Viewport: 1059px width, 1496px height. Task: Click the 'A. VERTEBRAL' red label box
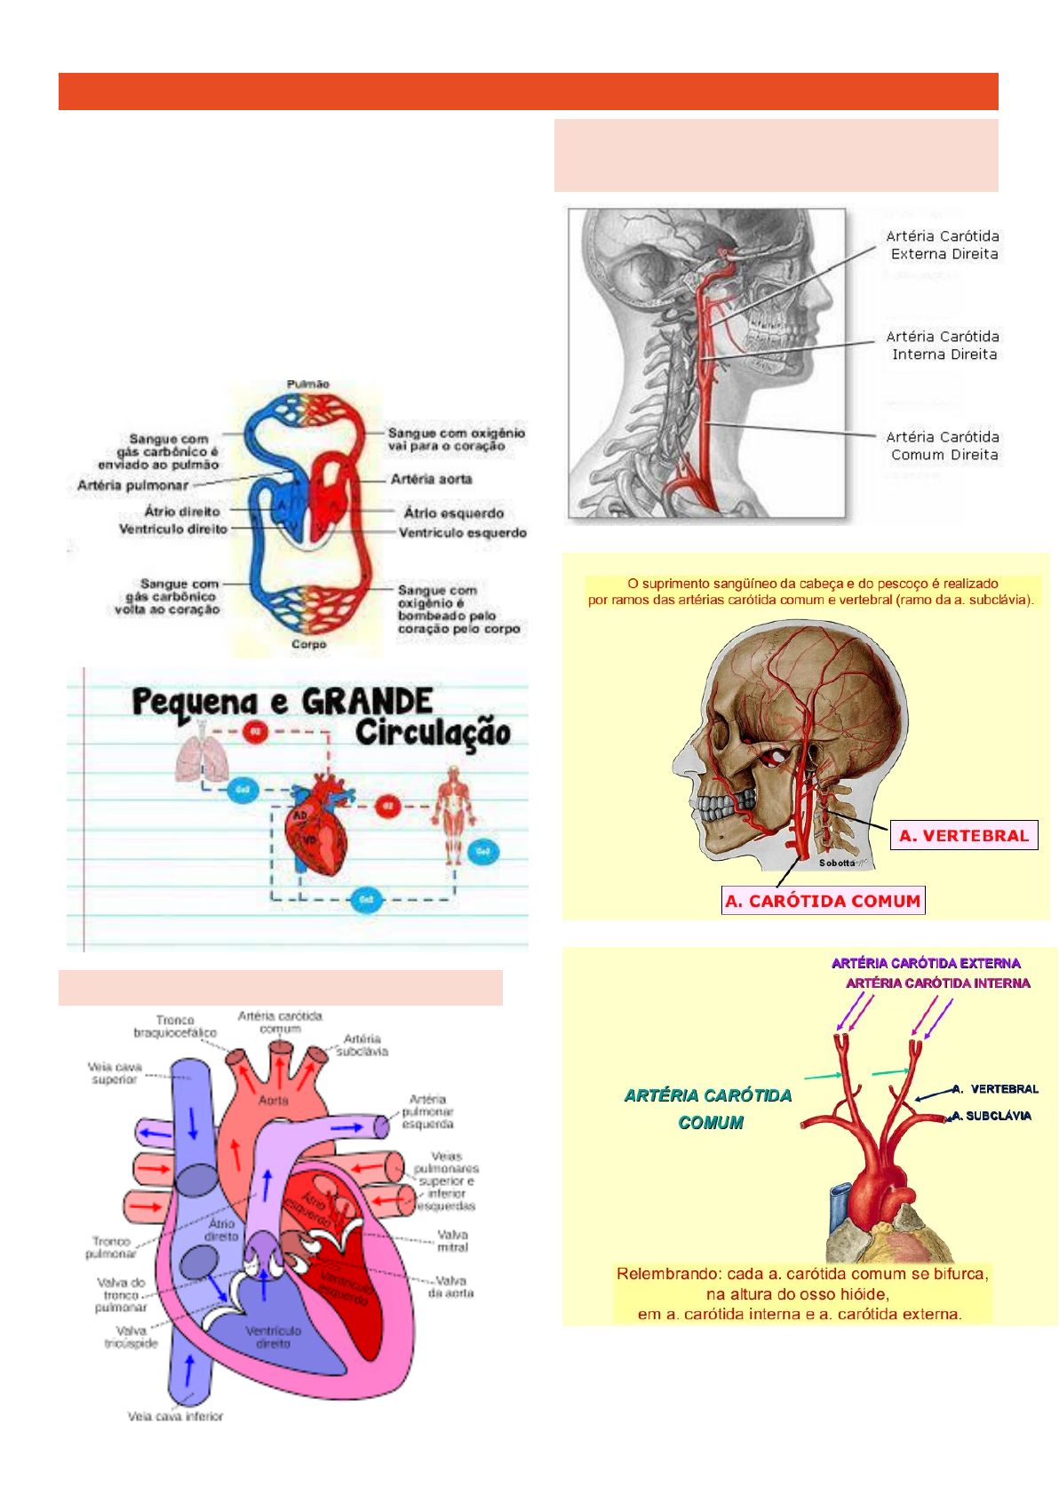(964, 835)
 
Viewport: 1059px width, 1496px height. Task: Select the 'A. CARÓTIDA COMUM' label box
(824, 901)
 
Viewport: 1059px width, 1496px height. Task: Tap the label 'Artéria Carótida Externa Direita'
(943, 245)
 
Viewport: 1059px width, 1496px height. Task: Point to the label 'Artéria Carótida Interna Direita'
(943, 346)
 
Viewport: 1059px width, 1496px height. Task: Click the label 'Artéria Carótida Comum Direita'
(943, 446)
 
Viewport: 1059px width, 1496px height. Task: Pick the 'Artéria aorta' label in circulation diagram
(432, 480)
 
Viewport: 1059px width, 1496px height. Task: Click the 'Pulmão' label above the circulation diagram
(307, 385)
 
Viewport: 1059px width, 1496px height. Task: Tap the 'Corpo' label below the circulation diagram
(308, 644)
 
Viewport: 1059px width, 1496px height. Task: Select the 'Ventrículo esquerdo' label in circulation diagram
(462, 533)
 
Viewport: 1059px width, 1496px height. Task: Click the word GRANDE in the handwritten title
(367, 702)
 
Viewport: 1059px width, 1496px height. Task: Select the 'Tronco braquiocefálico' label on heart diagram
(175, 1027)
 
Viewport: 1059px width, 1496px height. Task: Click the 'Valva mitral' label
(452, 1241)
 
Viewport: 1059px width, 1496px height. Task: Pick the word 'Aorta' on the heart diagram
(274, 1100)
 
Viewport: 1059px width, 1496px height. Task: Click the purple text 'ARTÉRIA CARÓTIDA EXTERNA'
(926, 963)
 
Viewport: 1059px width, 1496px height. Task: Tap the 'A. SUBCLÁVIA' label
(991, 1116)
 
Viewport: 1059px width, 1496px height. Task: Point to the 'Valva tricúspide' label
(131, 1337)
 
